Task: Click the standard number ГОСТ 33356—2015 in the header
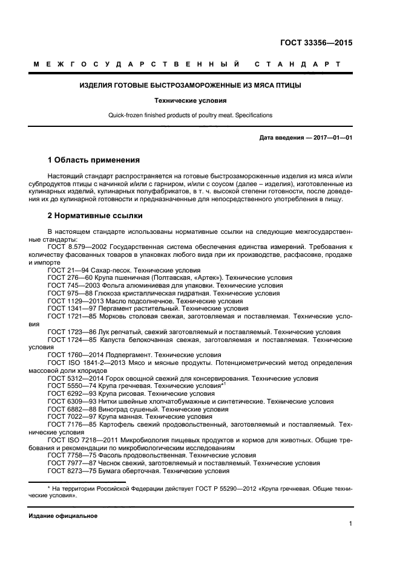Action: (x=316, y=43)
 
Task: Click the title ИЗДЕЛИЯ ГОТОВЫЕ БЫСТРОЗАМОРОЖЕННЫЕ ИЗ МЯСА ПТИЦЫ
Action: (x=191, y=85)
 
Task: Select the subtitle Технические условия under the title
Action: (x=190, y=101)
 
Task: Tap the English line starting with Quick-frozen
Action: (x=190, y=115)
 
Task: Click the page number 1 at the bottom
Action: (x=350, y=525)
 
